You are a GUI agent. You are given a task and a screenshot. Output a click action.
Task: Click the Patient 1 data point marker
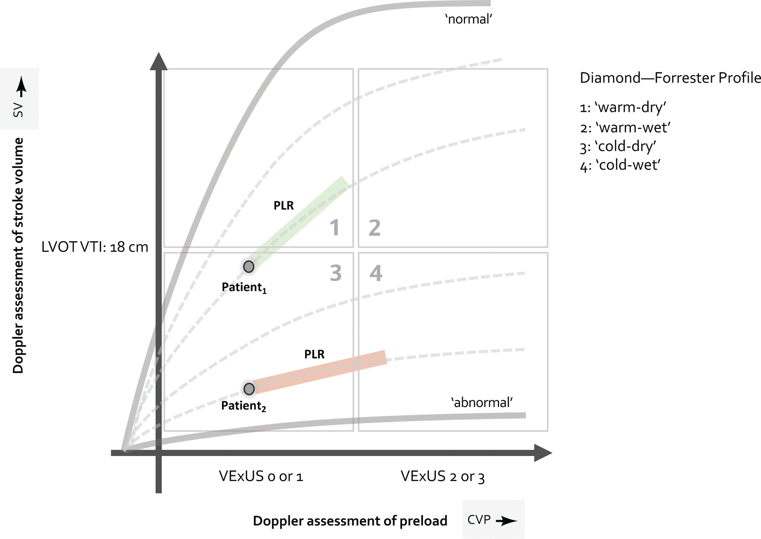click(x=249, y=266)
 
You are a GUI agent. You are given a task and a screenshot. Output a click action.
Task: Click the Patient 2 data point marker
click(x=249, y=389)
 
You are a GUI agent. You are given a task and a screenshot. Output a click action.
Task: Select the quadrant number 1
click(x=335, y=228)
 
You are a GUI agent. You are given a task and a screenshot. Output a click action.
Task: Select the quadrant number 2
click(x=374, y=228)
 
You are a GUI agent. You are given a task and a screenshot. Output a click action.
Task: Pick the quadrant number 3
click(x=336, y=273)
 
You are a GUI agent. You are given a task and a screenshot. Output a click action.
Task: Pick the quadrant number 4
click(x=375, y=273)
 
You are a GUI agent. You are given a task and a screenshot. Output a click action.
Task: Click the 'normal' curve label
click(x=468, y=19)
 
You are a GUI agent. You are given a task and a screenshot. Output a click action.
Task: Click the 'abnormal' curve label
click(x=482, y=403)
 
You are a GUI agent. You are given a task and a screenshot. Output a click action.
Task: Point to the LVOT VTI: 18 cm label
click(x=94, y=247)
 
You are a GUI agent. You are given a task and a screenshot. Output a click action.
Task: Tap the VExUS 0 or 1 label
click(x=261, y=476)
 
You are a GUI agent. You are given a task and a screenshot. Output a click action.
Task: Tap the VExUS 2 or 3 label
click(x=442, y=476)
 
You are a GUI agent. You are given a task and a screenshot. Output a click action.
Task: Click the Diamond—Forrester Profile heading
click(x=670, y=78)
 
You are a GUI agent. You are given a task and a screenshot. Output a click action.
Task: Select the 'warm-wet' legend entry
click(x=625, y=127)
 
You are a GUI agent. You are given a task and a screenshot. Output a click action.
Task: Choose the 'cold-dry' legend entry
click(x=618, y=146)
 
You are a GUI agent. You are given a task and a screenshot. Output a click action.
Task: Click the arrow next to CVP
click(x=506, y=521)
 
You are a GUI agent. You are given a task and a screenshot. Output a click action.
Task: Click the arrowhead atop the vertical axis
click(x=159, y=62)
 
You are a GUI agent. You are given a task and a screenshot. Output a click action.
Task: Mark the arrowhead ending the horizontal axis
click(x=542, y=453)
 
